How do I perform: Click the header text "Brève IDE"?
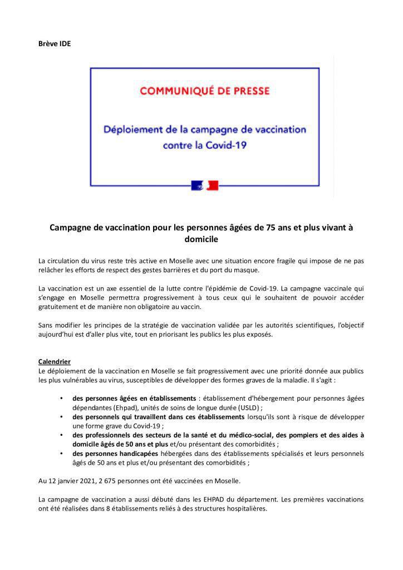54,43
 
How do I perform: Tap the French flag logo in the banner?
205,185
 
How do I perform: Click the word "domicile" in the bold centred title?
201,240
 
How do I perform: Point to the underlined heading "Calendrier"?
55,361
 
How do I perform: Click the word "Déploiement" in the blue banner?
135,129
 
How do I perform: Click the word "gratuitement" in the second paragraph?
60,307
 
